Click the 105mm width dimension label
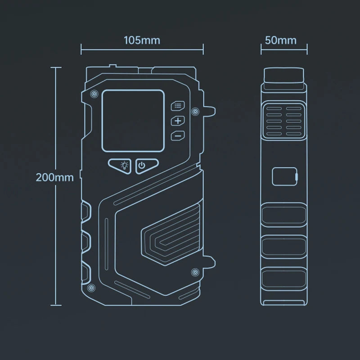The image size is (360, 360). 142,40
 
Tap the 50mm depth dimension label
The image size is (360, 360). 280,40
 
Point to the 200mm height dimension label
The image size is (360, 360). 54,177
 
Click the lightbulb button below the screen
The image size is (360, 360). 120,166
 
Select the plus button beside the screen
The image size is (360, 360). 178,121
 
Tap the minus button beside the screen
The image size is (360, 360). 178,136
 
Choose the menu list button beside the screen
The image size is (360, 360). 178,106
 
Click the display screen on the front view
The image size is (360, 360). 133,121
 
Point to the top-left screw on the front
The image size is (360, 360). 94,94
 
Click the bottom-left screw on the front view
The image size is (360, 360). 91,288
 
